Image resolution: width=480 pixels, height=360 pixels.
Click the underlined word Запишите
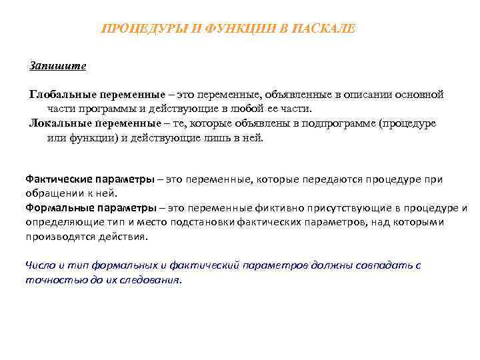[58, 66]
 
